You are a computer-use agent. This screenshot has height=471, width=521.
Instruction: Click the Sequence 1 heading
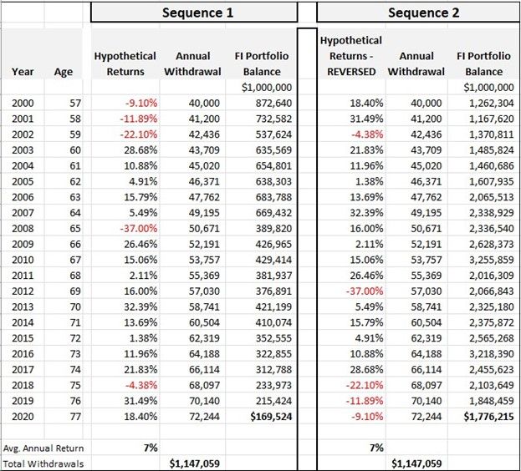pos(193,13)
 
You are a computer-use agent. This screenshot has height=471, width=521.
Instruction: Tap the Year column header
pos(23,72)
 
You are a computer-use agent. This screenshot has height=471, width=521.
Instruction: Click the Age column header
pos(63,72)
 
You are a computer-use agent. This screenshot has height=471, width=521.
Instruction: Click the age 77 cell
pos(63,416)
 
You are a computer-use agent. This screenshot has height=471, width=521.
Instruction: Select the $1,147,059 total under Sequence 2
pos(416,463)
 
